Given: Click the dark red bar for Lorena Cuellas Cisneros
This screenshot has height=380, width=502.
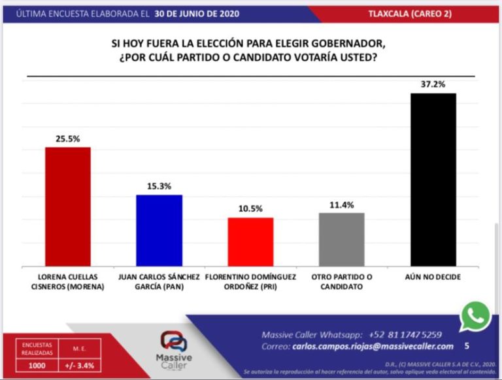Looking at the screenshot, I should point(67,206).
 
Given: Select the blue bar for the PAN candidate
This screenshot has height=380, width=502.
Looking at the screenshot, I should point(159,230).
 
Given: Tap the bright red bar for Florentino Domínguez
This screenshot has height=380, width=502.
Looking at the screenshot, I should point(250,241).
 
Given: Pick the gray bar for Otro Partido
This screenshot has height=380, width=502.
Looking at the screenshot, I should point(342,239).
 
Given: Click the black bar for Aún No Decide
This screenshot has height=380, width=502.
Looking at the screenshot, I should point(433,179).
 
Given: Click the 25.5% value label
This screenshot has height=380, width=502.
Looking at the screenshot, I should point(67,139).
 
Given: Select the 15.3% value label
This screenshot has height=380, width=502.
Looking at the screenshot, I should point(159,186).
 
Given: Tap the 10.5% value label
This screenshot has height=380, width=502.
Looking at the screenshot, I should point(250,209).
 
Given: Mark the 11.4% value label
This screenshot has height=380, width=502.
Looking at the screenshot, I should point(342,205).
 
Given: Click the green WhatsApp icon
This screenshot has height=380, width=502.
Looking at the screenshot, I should point(475,317).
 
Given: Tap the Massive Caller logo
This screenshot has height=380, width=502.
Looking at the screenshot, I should point(175,349).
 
